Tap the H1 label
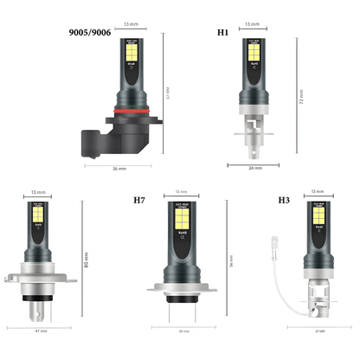[x=223, y=32]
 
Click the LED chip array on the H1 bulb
[x=252, y=53]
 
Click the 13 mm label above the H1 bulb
[x=252, y=25]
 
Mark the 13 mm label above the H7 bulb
[x=182, y=191]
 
